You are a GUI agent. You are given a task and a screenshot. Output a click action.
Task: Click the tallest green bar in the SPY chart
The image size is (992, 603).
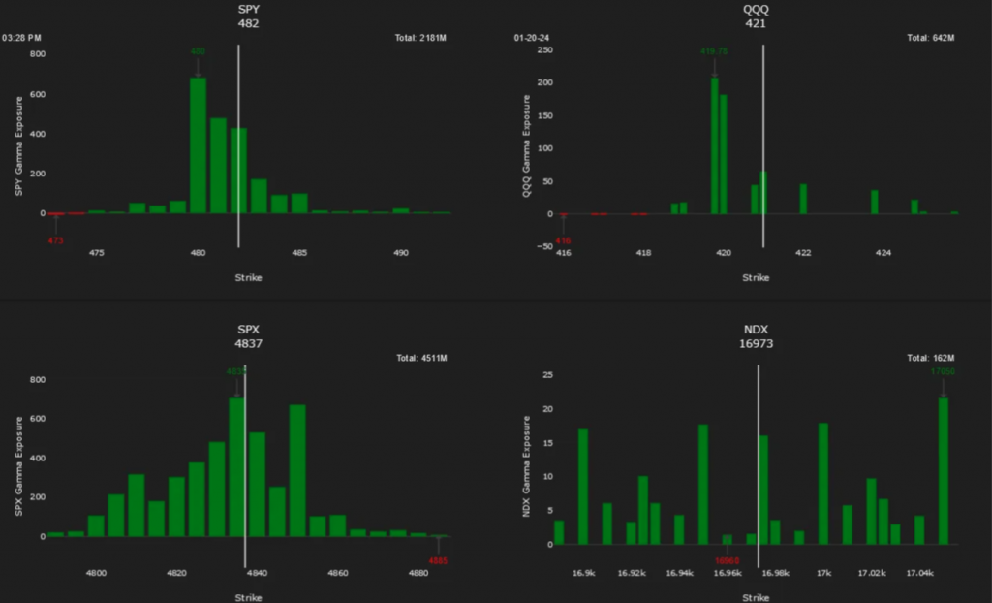click(x=198, y=145)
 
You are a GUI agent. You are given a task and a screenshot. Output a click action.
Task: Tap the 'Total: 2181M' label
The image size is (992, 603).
click(x=421, y=38)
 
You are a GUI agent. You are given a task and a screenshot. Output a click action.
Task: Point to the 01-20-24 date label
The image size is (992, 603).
click(x=532, y=38)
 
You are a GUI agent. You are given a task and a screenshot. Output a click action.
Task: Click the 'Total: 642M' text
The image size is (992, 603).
click(x=931, y=38)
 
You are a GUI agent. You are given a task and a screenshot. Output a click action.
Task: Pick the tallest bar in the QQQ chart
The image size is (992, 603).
click(x=715, y=145)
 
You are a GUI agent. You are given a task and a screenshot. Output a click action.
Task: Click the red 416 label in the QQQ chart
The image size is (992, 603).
click(x=564, y=238)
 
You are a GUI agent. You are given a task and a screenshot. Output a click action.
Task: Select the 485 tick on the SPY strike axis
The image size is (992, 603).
click(x=299, y=253)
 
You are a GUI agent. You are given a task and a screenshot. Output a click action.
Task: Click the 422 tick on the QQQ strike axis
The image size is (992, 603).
click(x=803, y=253)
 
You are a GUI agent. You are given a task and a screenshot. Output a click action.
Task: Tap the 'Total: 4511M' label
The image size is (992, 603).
click(x=421, y=358)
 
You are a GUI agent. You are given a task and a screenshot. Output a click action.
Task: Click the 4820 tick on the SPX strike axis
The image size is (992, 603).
click(x=176, y=574)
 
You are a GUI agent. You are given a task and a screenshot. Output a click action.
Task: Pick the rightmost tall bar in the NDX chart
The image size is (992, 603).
click(x=944, y=470)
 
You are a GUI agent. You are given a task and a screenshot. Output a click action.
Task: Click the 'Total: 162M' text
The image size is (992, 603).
click(x=931, y=358)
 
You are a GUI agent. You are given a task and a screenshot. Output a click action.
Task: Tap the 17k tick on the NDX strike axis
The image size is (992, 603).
click(x=824, y=574)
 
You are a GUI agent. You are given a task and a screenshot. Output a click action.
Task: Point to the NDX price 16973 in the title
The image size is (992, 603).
click(x=756, y=343)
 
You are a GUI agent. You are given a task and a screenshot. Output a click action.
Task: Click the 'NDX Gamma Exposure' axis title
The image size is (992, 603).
click(x=527, y=465)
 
